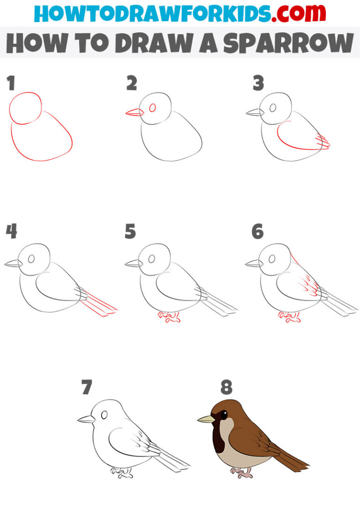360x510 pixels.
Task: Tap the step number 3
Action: (x=258, y=84)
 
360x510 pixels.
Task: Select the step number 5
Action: (x=130, y=232)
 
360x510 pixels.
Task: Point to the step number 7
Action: (x=86, y=388)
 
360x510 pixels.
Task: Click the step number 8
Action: (x=226, y=388)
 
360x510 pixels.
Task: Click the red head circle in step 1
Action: (x=26, y=108)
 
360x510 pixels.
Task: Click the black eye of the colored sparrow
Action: (x=224, y=415)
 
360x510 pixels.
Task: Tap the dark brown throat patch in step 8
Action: (x=219, y=439)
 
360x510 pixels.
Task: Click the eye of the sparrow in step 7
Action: (x=105, y=414)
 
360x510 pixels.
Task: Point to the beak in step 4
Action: (x=14, y=264)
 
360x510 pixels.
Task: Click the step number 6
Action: (x=257, y=232)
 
